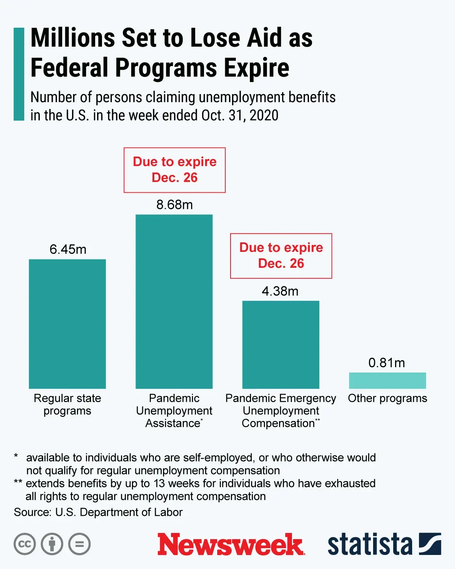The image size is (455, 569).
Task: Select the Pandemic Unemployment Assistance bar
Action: [174, 302]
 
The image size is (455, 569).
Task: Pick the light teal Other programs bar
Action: [387, 380]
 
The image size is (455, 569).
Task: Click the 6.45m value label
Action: [68, 250]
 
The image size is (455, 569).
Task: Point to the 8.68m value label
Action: [174, 205]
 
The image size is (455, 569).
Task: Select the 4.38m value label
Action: [280, 291]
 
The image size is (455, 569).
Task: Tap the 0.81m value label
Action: [386, 363]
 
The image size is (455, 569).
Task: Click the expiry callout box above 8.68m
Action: [174, 170]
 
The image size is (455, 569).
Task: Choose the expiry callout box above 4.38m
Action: [281, 256]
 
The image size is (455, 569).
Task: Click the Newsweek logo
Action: [231, 544]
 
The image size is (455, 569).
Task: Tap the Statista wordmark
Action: [370, 544]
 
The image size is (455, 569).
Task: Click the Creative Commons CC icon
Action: [25, 544]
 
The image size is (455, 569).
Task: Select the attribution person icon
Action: [52, 544]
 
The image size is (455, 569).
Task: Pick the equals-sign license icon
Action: [79, 544]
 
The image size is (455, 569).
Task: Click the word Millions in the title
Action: [73, 38]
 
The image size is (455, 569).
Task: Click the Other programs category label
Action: [387, 398]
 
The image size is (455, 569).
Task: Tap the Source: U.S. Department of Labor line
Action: [98, 512]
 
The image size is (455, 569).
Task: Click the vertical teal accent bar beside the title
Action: [19, 74]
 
